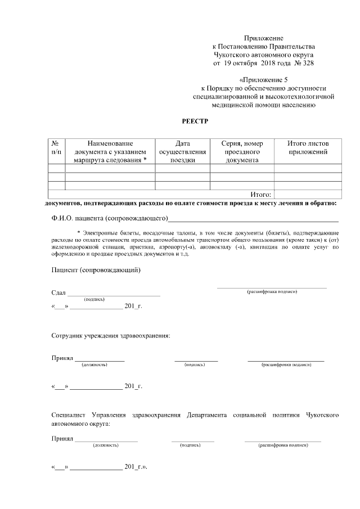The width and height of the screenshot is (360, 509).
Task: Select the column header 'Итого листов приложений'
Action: (308, 148)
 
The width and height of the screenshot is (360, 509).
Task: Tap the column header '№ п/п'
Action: (56, 148)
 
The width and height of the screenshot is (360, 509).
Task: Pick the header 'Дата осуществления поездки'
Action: (182, 152)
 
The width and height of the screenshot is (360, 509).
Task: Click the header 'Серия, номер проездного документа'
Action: (242, 152)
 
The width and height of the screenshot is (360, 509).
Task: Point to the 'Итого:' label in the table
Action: (260, 194)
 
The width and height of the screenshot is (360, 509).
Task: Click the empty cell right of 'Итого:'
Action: (308, 194)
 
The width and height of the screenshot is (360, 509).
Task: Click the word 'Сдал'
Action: (58, 293)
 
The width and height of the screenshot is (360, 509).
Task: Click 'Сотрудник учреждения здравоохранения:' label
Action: (111, 336)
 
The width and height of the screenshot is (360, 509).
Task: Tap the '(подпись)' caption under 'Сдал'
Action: (94, 299)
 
